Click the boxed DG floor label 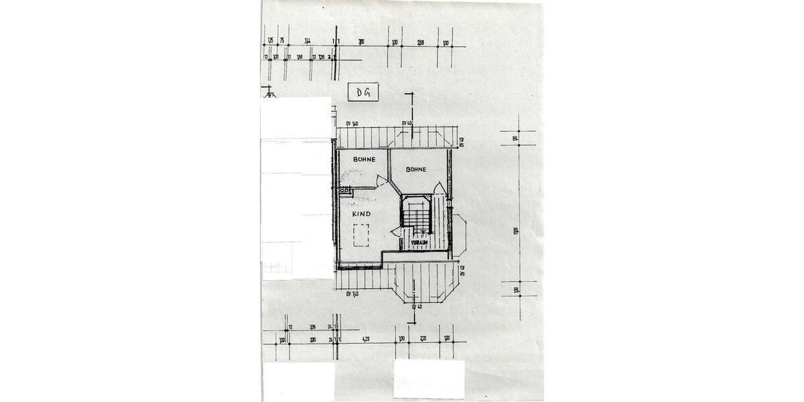point(362,92)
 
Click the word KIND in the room point(362,214)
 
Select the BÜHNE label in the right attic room point(415,170)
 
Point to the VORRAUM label point(429,243)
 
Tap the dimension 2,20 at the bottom point(423,338)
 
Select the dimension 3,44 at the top point(307,42)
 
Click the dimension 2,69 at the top point(420,42)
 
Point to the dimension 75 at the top point(282,42)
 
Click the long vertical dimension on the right point(516,230)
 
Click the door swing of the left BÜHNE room point(381,180)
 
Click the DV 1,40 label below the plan point(352,294)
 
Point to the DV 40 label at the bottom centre point(416,307)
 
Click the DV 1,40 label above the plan point(352,124)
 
